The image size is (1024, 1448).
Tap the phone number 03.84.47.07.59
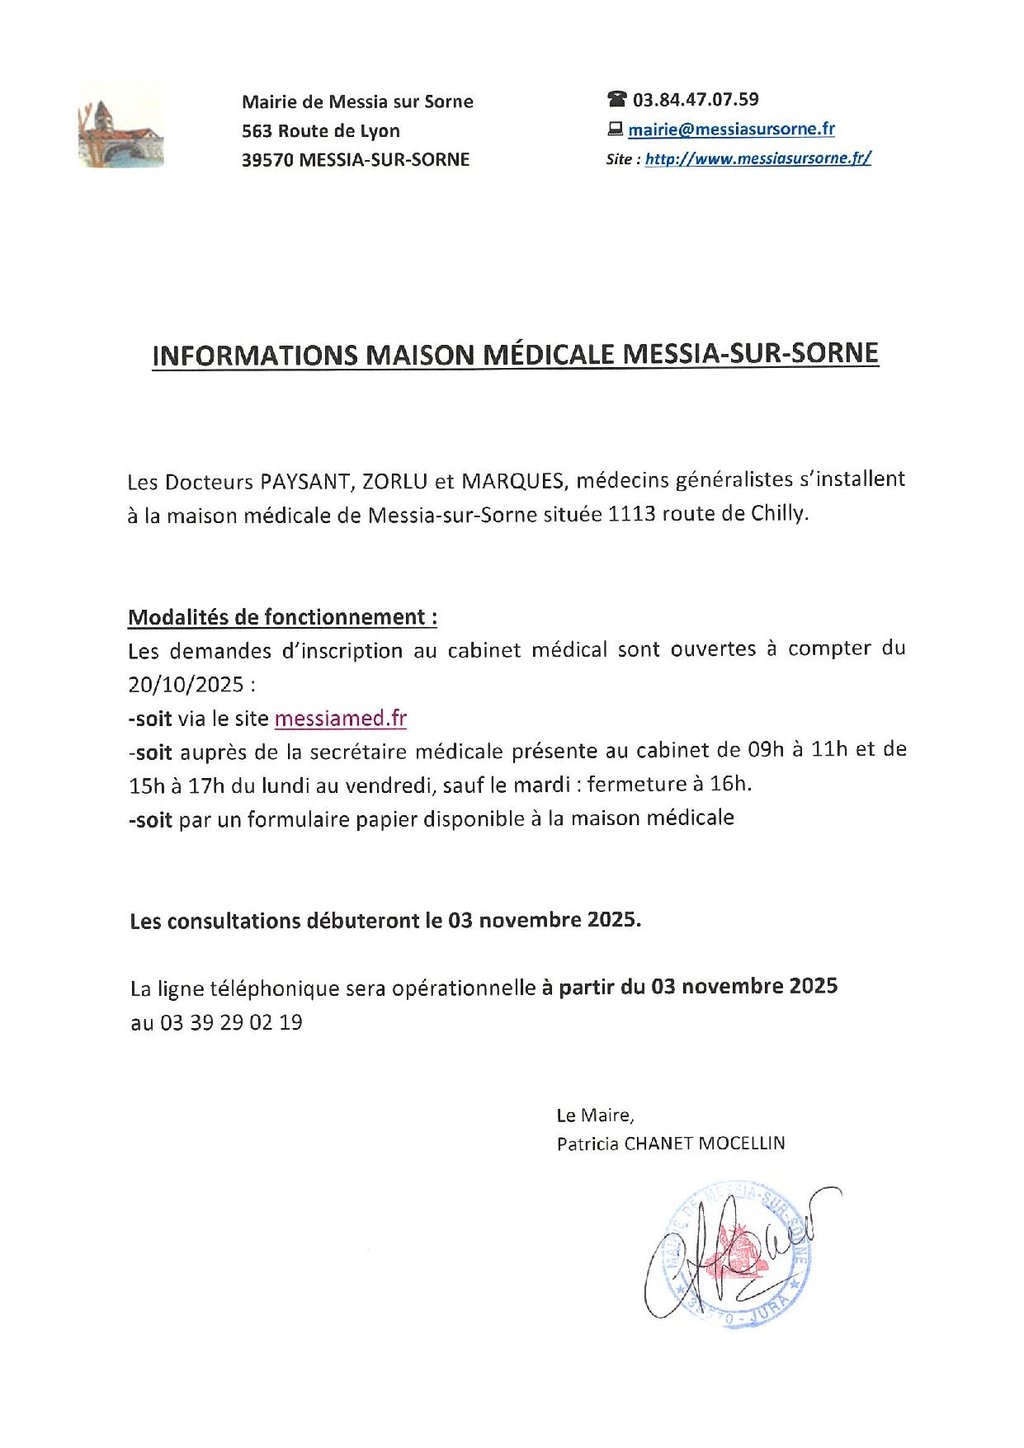pos(695,100)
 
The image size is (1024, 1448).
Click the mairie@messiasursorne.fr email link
pos(731,129)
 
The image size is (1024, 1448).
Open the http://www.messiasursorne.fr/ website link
pos(758,158)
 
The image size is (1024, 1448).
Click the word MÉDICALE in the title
pos(550,355)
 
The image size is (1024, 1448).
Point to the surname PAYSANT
pos(304,482)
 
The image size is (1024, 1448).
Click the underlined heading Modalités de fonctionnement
pos(282,618)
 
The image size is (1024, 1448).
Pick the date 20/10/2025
pos(186,685)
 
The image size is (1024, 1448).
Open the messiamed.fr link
pos(340,719)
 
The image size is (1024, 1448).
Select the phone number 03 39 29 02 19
pos(231,1023)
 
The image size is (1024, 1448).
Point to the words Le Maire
pos(595,1116)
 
